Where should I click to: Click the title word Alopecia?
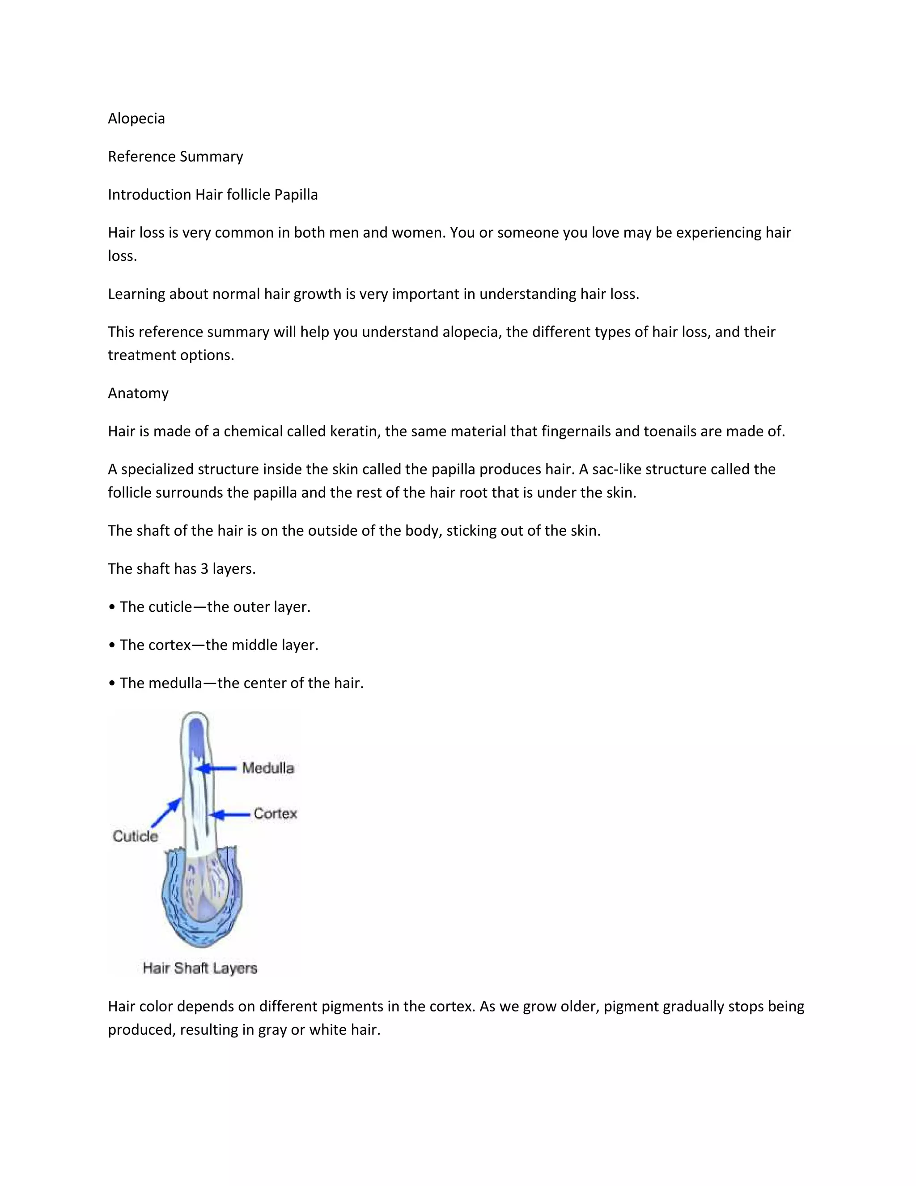[x=136, y=119]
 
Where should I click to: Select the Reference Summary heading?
[x=175, y=156]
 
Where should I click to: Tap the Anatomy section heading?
[x=138, y=393]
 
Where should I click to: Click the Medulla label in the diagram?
[x=268, y=768]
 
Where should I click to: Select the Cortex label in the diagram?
[x=275, y=814]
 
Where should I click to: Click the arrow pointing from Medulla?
[x=216, y=768]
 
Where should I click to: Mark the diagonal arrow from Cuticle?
[x=166, y=812]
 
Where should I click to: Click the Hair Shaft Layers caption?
[x=199, y=968]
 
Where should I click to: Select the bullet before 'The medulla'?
[x=112, y=683]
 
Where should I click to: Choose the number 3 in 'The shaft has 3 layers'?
[x=204, y=568]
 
